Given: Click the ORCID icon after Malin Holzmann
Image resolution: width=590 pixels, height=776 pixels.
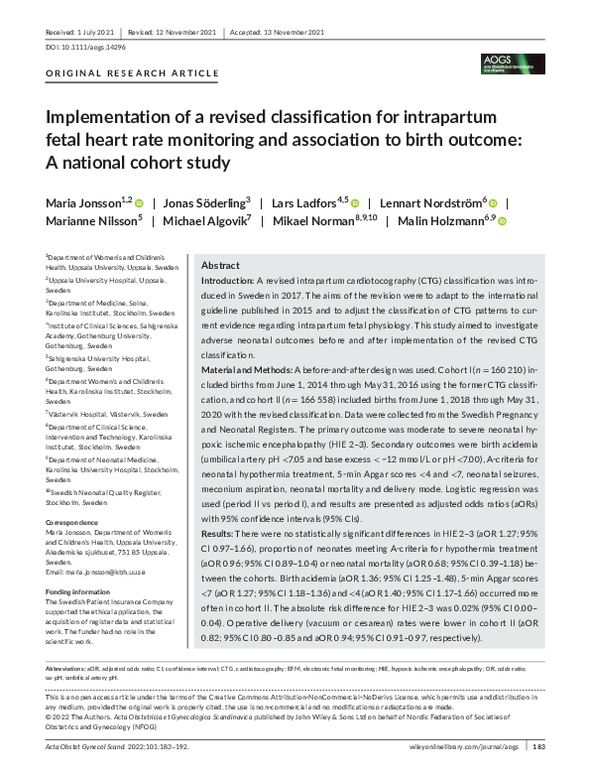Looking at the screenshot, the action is point(502,221).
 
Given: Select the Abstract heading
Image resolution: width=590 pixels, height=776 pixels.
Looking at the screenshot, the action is point(221,266).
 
